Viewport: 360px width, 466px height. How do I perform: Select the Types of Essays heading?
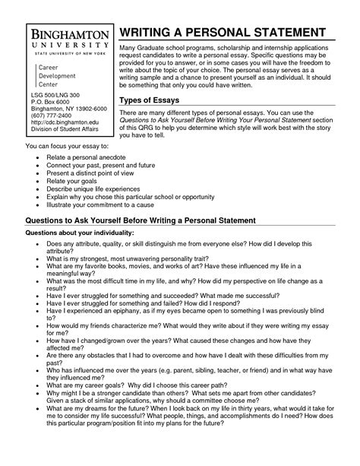(156, 102)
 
